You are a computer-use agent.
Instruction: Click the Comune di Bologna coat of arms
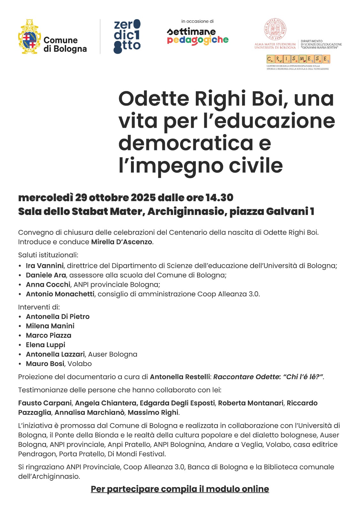point(29,37)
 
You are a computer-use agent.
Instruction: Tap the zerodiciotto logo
point(127,36)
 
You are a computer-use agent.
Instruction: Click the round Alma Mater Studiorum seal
point(275,30)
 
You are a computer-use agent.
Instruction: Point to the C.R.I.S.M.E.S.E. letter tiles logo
point(298,59)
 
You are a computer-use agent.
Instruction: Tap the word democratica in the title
point(186,143)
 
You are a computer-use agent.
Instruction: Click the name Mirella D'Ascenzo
point(122,242)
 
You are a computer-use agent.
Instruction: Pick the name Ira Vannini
point(45,266)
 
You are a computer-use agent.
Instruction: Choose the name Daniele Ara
point(46,275)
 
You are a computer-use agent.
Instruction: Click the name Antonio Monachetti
point(60,294)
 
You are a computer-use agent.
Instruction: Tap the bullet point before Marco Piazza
point(20,336)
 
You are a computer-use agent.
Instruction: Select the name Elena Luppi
point(45,345)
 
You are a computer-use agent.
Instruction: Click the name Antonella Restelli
point(180,377)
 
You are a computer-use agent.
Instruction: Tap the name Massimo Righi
point(153,412)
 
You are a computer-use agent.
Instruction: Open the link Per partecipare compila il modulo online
point(180,489)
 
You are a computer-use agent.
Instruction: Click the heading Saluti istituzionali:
point(48,255)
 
